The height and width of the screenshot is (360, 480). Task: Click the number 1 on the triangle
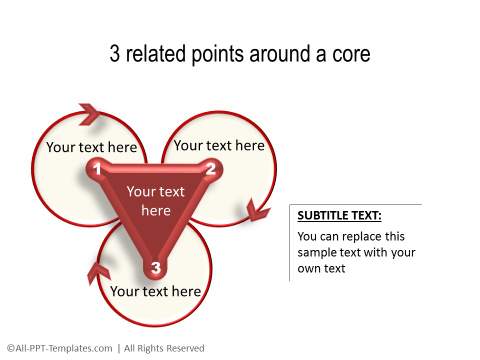97,170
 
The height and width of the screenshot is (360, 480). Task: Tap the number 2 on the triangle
211,169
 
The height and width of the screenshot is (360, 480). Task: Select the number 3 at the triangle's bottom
155,267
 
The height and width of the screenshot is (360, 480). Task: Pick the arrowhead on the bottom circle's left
98,270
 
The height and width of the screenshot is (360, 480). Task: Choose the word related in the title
155,54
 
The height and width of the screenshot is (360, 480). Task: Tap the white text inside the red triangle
156,201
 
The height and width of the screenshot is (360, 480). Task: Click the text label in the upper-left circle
91,148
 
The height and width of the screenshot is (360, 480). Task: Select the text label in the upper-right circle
219,145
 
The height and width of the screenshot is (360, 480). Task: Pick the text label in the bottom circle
155,291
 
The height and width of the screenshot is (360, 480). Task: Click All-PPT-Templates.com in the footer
61,348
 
